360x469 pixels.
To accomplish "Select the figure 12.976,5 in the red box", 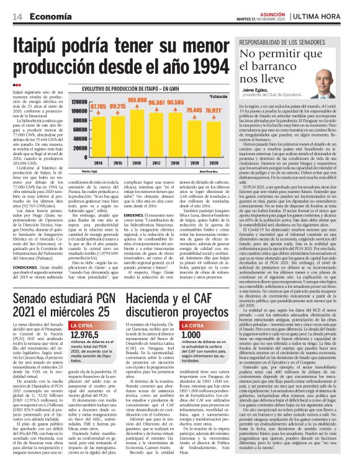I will click(86, 334).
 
